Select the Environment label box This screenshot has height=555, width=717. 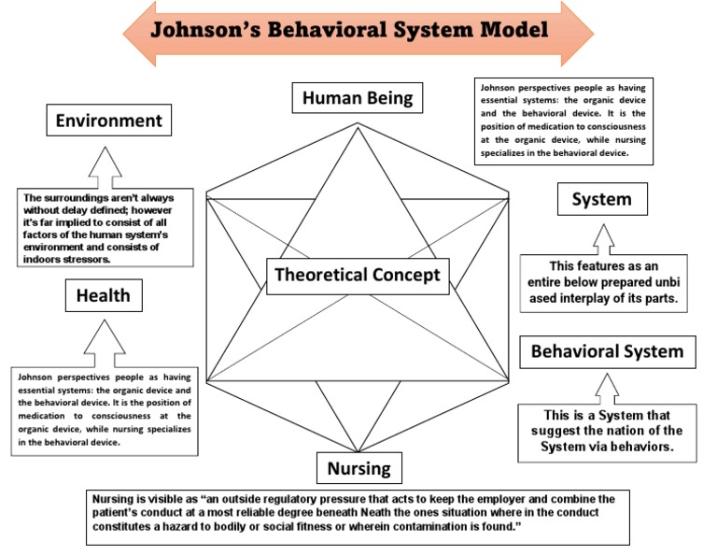tap(108, 121)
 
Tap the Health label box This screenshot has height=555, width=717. tap(104, 297)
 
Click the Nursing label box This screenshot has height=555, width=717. tap(358, 467)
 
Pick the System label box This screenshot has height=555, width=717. tap(601, 199)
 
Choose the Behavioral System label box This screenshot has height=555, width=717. tap(607, 352)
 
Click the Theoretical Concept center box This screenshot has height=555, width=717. tap(357, 275)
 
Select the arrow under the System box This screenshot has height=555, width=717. tap(602, 237)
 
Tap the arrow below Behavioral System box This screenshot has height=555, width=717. tap(608, 389)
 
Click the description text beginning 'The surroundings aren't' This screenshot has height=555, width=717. tap(108, 227)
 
